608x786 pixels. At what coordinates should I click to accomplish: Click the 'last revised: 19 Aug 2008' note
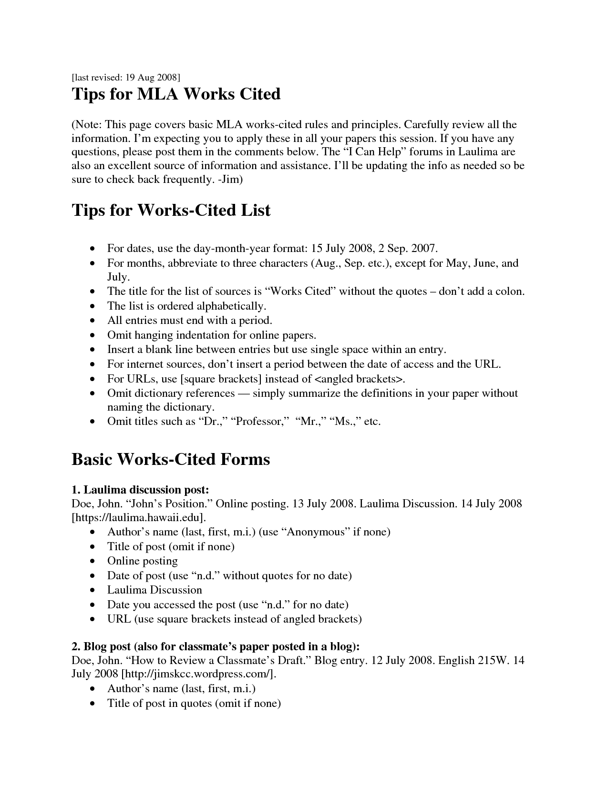click(126, 77)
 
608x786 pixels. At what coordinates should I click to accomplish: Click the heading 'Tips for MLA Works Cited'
click(176, 94)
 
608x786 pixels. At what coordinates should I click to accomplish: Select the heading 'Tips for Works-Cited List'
click(171, 210)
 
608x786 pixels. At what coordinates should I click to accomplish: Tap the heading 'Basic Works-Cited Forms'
click(171, 459)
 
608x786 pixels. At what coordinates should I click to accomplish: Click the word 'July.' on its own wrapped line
click(118, 277)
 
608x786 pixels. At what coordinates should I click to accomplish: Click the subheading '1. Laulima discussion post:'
click(140, 490)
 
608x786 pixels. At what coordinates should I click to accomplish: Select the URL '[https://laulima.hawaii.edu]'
click(139, 517)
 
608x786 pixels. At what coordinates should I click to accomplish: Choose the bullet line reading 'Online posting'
click(142, 561)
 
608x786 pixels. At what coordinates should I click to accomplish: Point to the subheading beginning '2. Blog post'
click(216, 646)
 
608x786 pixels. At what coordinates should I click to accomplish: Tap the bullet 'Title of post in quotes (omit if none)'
click(194, 703)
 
